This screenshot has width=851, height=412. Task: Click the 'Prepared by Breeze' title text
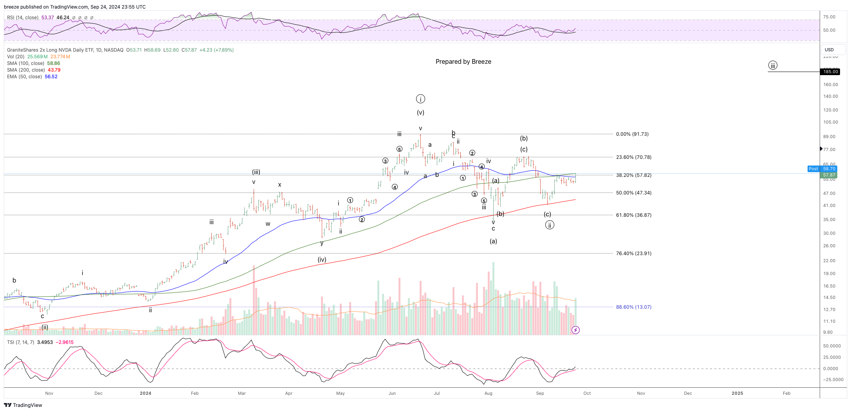click(463, 62)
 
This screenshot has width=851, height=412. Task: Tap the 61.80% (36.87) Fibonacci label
click(633, 215)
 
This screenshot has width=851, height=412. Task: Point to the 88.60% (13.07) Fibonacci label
click(633, 307)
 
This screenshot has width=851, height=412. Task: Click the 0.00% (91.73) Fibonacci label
click(632, 134)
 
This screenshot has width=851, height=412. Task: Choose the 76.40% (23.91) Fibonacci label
click(633, 254)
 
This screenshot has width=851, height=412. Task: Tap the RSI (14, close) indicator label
click(23, 18)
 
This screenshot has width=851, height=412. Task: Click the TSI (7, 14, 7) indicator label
click(21, 342)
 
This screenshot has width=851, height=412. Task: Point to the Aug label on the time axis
click(488, 393)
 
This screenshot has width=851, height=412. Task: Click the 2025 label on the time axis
click(737, 393)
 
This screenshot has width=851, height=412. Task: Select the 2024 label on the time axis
click(145, 393)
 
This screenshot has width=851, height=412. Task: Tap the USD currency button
click(829, 50)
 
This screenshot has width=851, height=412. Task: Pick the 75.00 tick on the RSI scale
click(829, 17)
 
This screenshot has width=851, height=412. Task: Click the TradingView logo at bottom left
click(23, 405)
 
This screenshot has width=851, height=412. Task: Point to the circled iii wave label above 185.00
click(772, 65)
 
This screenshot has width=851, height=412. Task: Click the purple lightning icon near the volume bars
click(575, 330)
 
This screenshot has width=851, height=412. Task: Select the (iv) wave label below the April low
click(322, 260)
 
